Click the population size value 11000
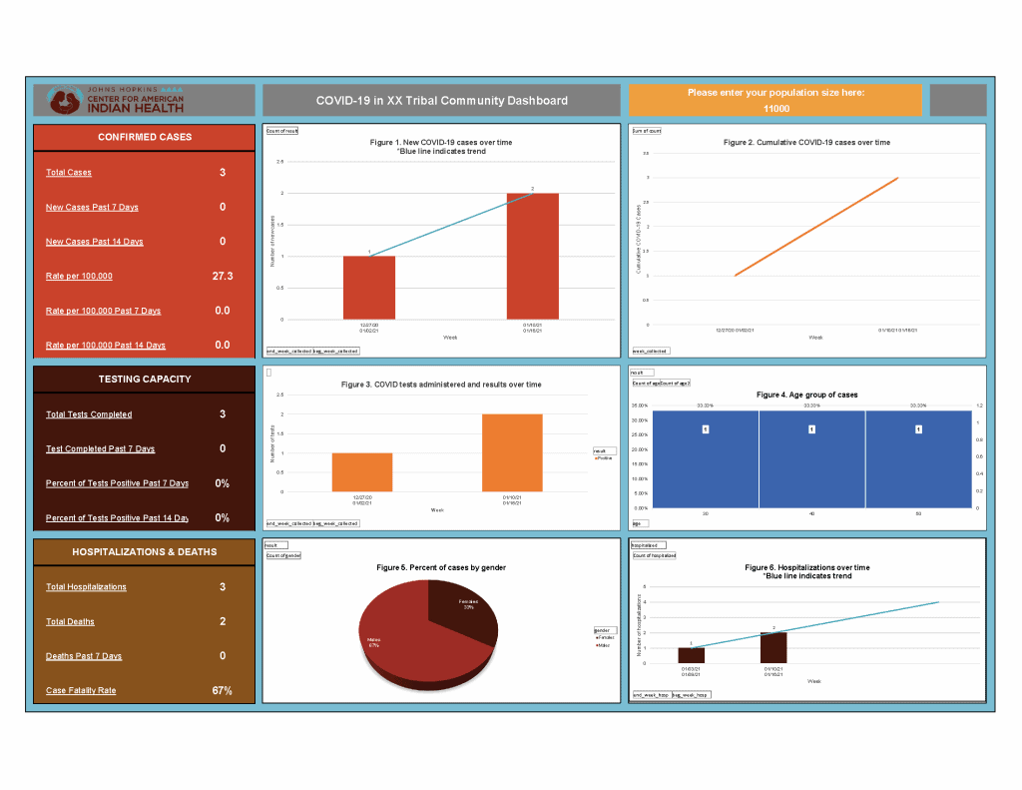tap(775, 109)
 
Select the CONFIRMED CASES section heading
tap(145, 137)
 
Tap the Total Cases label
tap(69, 173)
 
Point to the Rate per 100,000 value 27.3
tap(223, 276)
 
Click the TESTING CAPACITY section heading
tap(145, 380)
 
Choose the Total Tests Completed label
tap(89, 414)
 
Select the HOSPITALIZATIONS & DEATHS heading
tap(145, 551)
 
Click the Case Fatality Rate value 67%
tap(222, 690)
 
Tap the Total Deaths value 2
tap(223, 621)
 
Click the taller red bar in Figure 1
tap(533, 256)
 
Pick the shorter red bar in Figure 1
tap(369, 288)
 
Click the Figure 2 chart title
tap(806, 143)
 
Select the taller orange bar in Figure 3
tap(512, 452)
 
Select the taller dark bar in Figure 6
tap(773, 647)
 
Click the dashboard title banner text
tap(441, 100)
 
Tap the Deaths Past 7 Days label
tap(84, 656)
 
